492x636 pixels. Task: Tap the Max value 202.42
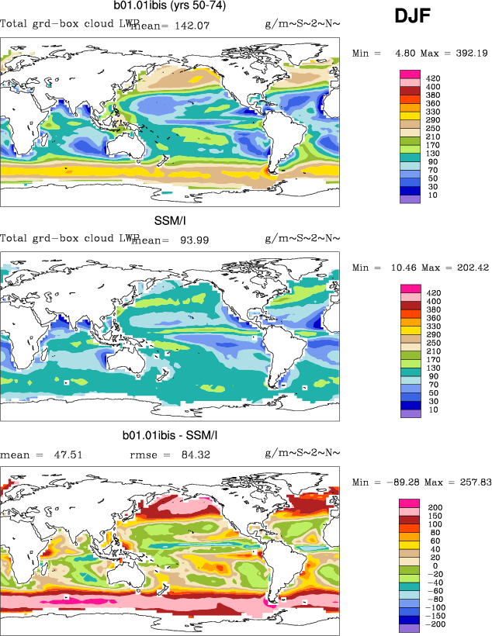[470, 268]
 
